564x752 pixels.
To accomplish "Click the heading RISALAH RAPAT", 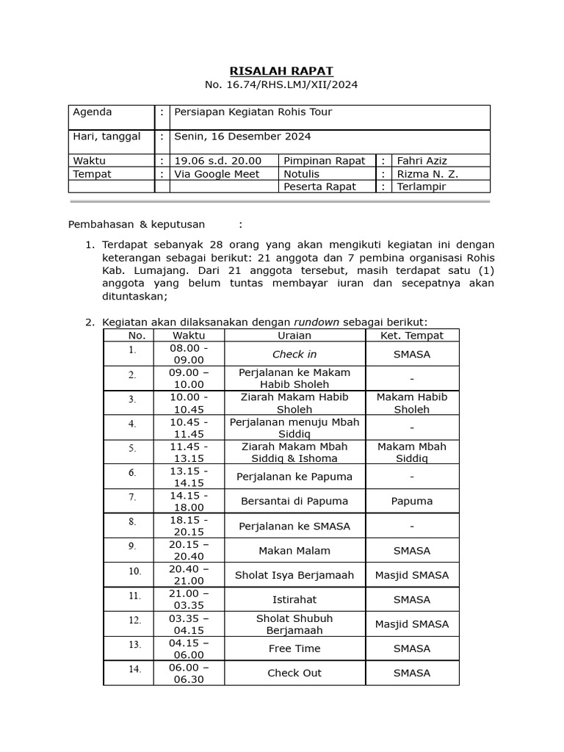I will click(281, 71).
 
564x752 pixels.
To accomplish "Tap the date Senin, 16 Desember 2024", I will click(242, 137).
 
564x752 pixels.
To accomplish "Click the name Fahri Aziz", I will click(422, 161).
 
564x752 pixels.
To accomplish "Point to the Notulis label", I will click(301, 174).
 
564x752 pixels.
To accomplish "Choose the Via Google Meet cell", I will click(217, 174).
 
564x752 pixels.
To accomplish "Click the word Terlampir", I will click(422, 187).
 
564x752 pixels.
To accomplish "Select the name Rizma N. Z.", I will click(427, 174).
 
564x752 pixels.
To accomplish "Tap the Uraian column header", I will click(294, 336).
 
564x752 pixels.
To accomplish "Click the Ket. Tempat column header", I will click(411, 336).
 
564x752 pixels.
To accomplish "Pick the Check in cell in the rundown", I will click(294, 354).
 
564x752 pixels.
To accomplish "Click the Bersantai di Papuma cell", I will click(294, 501).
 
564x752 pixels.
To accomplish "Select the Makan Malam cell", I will click(294, 550).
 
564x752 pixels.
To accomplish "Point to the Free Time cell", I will click(294, 648).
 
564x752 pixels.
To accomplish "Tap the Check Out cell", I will click(294, 673).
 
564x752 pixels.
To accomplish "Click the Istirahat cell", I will click(294, 599).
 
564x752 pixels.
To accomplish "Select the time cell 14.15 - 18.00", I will click(188, 501).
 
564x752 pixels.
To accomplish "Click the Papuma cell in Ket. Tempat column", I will click(411, 501).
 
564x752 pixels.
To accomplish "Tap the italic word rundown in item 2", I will click(317, 322).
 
